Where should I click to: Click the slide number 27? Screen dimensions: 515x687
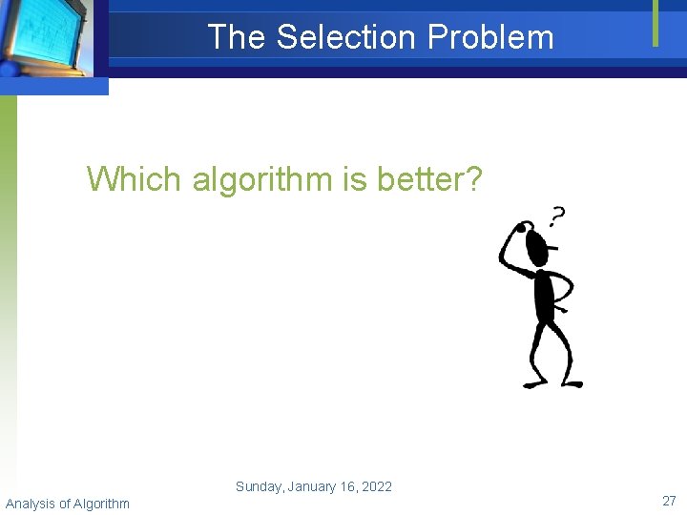669,502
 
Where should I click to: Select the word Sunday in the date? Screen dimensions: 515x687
259,486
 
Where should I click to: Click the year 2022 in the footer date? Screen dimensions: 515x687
376,486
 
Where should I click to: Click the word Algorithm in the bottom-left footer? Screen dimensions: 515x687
100,504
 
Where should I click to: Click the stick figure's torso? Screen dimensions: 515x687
545,296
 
